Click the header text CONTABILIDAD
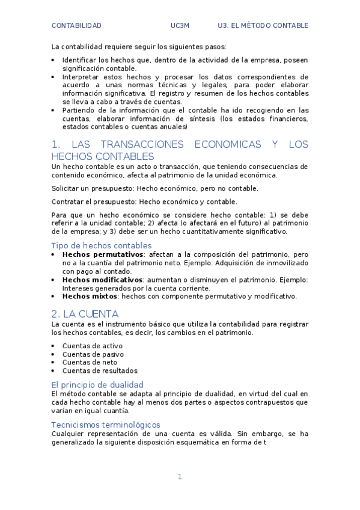[76, 26]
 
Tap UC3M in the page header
[180, 26]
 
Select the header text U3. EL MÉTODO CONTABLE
[263, 26]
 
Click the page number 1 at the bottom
[179, 477]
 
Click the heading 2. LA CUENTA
[85, 314]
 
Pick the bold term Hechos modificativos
[102, 280]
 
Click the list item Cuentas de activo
[92, 346]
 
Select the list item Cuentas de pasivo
[93, 354]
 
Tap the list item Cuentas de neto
[90, 363]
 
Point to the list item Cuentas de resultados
[100, 371]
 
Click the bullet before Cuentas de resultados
[53, 371]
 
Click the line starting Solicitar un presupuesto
[147, 188]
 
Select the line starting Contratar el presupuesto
[144, 201]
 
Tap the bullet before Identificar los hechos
[53, 60]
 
